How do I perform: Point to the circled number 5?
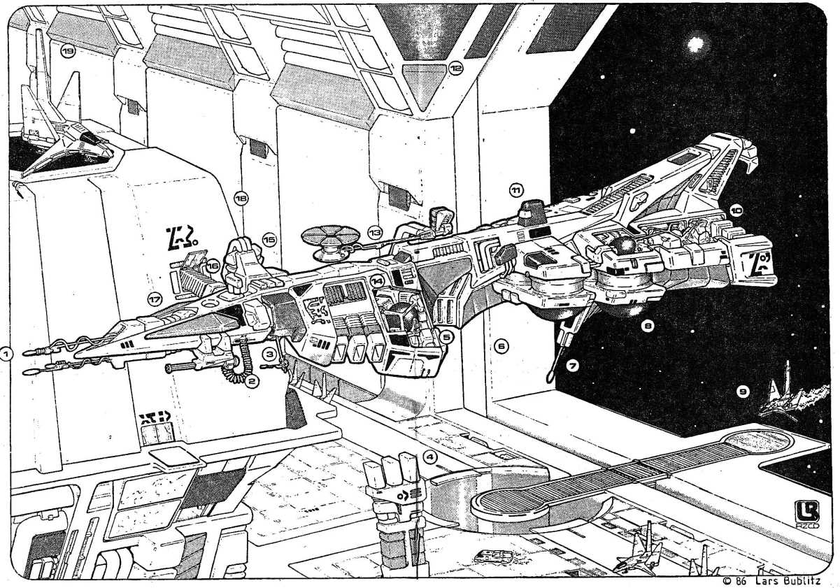pos(446,336)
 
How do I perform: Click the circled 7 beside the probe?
pos(571,366)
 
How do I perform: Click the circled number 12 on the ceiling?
pos(456,69)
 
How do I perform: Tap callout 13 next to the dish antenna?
pos(375,231)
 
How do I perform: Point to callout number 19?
pos(69,53)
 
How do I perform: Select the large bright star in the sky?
pos(695,45)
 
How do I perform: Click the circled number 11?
pos(515,189)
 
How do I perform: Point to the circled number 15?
pos(269,239)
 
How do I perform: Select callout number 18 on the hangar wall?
pos(241,199)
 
